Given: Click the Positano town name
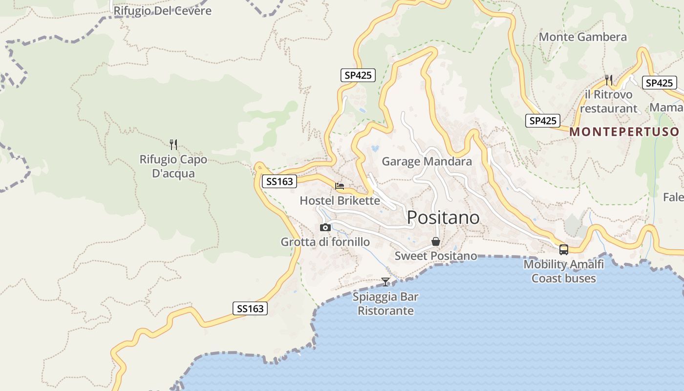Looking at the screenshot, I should click(x=443, y=217).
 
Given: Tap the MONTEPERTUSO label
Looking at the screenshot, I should click(x=624, y=131).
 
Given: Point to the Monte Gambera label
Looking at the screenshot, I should click(x=582, y=37).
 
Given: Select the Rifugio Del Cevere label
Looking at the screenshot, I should click(x=162, y=11).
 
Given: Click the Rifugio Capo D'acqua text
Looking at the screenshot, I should click(x=173, y=166).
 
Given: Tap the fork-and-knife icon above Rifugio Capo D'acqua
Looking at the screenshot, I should click(x=173, y=144).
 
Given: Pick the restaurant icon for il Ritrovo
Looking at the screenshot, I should click(x=609, y=80).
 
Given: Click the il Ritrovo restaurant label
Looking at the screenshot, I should click(x=609, y=102).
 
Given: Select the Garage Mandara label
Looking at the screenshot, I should click(x=427, y=161).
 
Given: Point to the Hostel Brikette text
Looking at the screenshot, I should click(x=340, y=200).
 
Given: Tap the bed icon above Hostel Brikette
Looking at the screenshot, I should click(x=340, y=186).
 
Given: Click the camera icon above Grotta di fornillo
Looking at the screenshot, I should click(x=325, y=227).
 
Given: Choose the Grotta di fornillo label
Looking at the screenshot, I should click(x=325, y=242).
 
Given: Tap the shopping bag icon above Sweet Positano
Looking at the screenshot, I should click(x=436, y=241).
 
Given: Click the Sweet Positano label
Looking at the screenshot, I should click(x=436, y=256).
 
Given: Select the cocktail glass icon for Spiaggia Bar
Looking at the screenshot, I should click(x=385, y=282).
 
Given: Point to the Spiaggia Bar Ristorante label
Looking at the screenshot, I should click(x=385, y=304).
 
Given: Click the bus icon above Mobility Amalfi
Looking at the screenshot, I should click(x=564, y=250).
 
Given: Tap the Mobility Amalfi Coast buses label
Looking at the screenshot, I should click(x=564, y=271).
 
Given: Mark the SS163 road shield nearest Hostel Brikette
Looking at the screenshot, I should click(x=279, y=182).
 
